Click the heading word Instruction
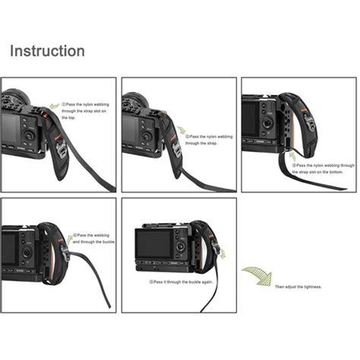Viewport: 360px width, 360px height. click(47, 52)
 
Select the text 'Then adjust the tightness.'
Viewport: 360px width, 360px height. click(298, 286)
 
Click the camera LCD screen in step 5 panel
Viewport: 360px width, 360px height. click(153, 244)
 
